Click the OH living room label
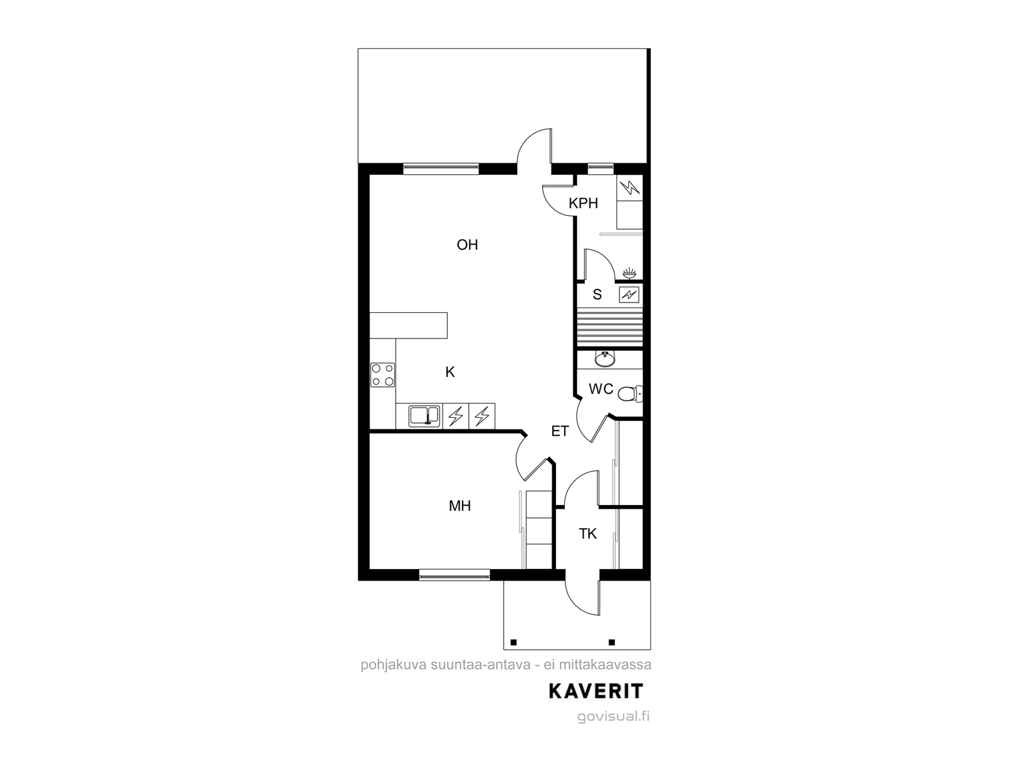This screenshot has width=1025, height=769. coord(467,245)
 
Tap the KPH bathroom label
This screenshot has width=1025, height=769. coord(583,203)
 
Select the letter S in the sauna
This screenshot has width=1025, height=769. coord(597,295)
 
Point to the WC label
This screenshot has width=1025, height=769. coord(601,388)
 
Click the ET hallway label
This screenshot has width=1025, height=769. coord(560,431)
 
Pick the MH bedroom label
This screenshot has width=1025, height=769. coord(459,506)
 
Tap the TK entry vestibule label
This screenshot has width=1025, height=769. coord(587,534)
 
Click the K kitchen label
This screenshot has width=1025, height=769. coord(450,372)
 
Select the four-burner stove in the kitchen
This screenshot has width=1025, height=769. coord(382,375)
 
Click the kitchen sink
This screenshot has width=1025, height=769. coord(424,417)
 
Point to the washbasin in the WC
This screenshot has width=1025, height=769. coord(605,359)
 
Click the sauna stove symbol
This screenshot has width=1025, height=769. coord(628,295)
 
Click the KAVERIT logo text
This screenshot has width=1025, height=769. coord(596,691)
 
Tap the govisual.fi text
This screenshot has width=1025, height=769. coord(613,716)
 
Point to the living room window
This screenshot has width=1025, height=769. coord(441,169)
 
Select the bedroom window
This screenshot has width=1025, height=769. coord(454,575)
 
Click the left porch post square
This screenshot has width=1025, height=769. coord(513,643)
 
